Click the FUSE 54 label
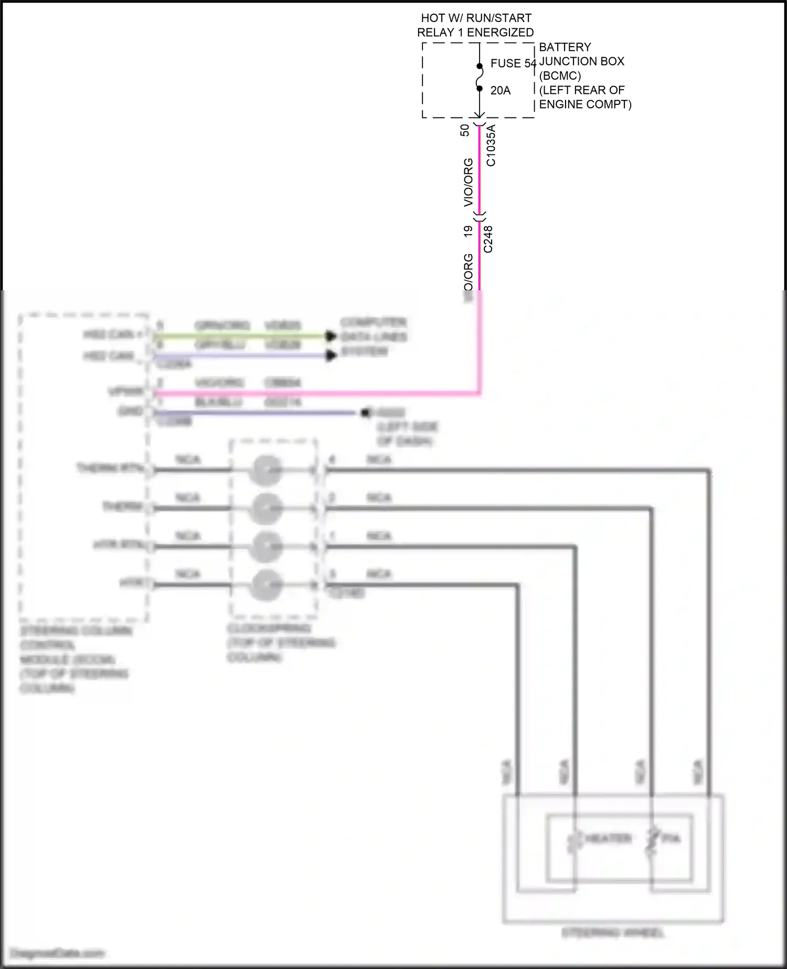513,64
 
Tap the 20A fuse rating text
500,90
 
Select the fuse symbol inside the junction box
479,77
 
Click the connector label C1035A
491,145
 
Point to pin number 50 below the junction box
465,130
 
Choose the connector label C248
488,239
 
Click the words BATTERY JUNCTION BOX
581,54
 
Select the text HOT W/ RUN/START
476,18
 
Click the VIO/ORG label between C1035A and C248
468,182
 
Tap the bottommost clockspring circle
267,585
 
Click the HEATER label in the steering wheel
608,839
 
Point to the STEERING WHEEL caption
612,933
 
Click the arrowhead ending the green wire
331,336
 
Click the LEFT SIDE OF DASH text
407,434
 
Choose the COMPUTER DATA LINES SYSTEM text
373,336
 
